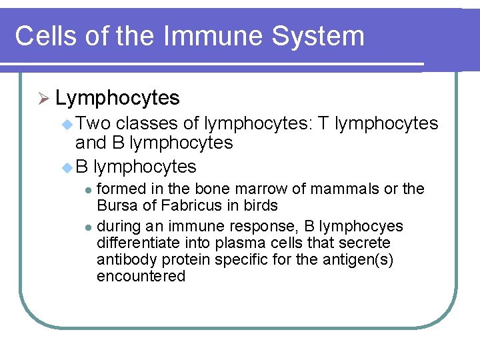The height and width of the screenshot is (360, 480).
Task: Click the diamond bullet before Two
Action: (67, 124)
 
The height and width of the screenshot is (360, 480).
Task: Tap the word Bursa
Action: (115, 205)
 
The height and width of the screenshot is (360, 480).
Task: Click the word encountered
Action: (141, 276)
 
